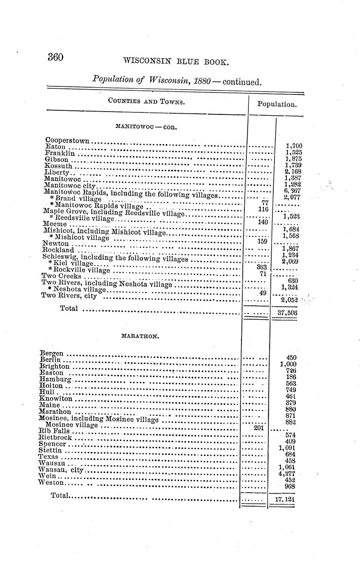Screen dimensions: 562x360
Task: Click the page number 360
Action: coord(55,57)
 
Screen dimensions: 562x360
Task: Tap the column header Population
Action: coord(277,104)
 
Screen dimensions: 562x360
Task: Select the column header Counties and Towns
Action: coord(146,101)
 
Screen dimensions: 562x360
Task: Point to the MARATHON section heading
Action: coord(140,336)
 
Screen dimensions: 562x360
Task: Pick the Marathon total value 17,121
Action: coord(284,499)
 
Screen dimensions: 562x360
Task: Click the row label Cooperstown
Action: coord(67,141)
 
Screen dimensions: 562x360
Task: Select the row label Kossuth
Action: coord(58,166)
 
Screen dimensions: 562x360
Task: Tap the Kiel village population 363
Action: coord(261,267)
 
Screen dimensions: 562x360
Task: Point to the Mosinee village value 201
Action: coord(259,428)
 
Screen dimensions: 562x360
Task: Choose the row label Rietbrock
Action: coord(55,437)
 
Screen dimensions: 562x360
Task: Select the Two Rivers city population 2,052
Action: coord(290,300)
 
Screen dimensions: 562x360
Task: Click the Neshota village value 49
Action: coord(262,293)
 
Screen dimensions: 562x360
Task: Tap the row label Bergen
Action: coord(51,353)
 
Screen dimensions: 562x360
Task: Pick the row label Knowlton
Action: coord(55,399)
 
